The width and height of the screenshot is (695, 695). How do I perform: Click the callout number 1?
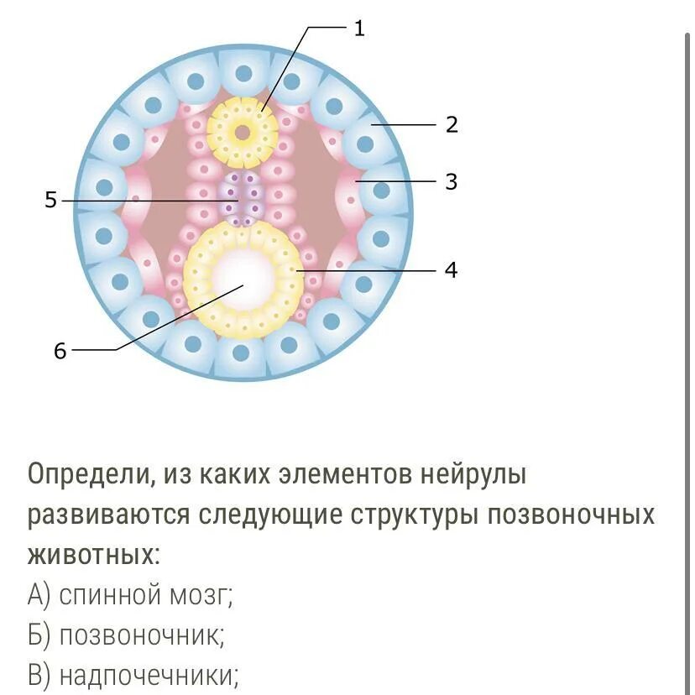click(359, 29)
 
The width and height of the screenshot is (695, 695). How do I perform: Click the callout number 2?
click(452, 125)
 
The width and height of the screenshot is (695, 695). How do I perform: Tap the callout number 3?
click(452, 181)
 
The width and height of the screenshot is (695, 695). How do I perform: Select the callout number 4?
click(452, 270)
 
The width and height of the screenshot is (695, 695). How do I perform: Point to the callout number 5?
click(50, 201)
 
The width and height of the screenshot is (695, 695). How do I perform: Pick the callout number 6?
click(60, 351)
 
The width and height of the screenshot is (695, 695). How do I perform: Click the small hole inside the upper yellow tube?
click(243, 132)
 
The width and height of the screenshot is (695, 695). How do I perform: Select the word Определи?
click(86, 475)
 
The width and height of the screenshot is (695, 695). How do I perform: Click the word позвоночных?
click(580, 515)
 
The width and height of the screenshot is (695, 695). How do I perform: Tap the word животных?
click(92, 554)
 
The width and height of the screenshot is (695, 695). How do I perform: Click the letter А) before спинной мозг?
click(39, 595)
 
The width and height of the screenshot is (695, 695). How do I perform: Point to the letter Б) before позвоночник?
click(39, 635)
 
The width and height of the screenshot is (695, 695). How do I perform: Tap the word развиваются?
click(109, 515)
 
